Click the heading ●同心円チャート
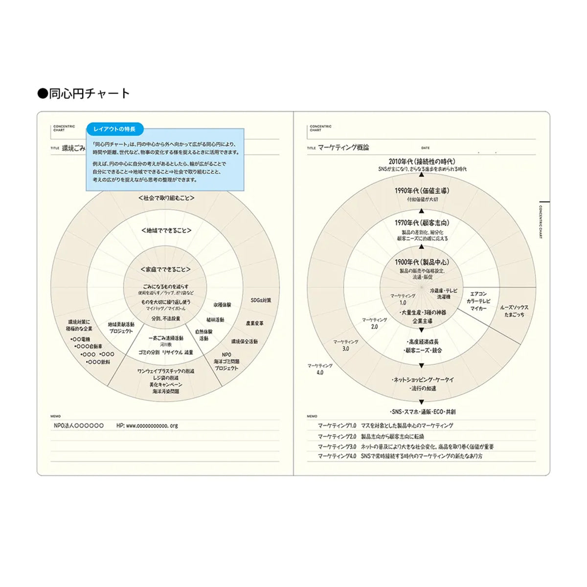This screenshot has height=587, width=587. tap(84, 93)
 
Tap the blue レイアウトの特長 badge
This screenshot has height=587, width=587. tap(115, 129)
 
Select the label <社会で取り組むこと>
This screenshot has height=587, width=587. tap(166, 198)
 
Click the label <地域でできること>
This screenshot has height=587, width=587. tap(166, 230)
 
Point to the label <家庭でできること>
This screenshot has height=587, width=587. tap(165, 270)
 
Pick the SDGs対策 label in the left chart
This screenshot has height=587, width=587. tap(261, 300)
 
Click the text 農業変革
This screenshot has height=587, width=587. tap(254, 323)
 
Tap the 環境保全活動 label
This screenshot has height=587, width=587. tap(244, 341)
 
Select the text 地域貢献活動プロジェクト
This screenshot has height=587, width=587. tap(121, 328)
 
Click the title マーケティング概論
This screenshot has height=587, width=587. tap(343, 147)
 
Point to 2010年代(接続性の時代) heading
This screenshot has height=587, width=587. tap(422, 161)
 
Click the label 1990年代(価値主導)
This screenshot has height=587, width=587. tap(422, 191)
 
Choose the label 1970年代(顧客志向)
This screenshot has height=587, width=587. tap(422, 223)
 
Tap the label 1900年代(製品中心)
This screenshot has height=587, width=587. tap(422, 262)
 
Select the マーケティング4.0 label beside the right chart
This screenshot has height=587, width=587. tap(320, 369)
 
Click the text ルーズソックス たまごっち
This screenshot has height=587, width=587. tap(514, 311)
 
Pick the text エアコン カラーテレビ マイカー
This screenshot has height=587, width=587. tap(478, 301)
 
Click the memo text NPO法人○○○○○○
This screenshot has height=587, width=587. tap(79, 426)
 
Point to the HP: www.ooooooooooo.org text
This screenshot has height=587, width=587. tap(147, 426)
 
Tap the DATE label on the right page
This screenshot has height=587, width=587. tap(425, 148)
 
